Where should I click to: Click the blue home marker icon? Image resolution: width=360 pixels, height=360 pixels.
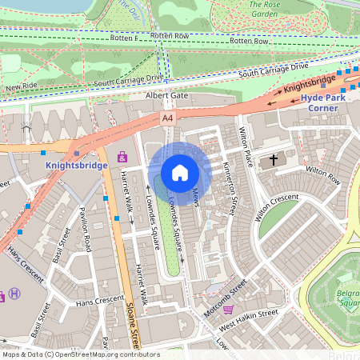click(180, 173)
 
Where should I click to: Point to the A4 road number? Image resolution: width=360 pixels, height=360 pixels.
click(167, 118)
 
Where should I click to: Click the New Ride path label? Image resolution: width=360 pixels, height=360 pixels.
click(22, 87)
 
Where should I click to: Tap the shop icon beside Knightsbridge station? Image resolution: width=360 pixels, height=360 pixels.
click(122, 157)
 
